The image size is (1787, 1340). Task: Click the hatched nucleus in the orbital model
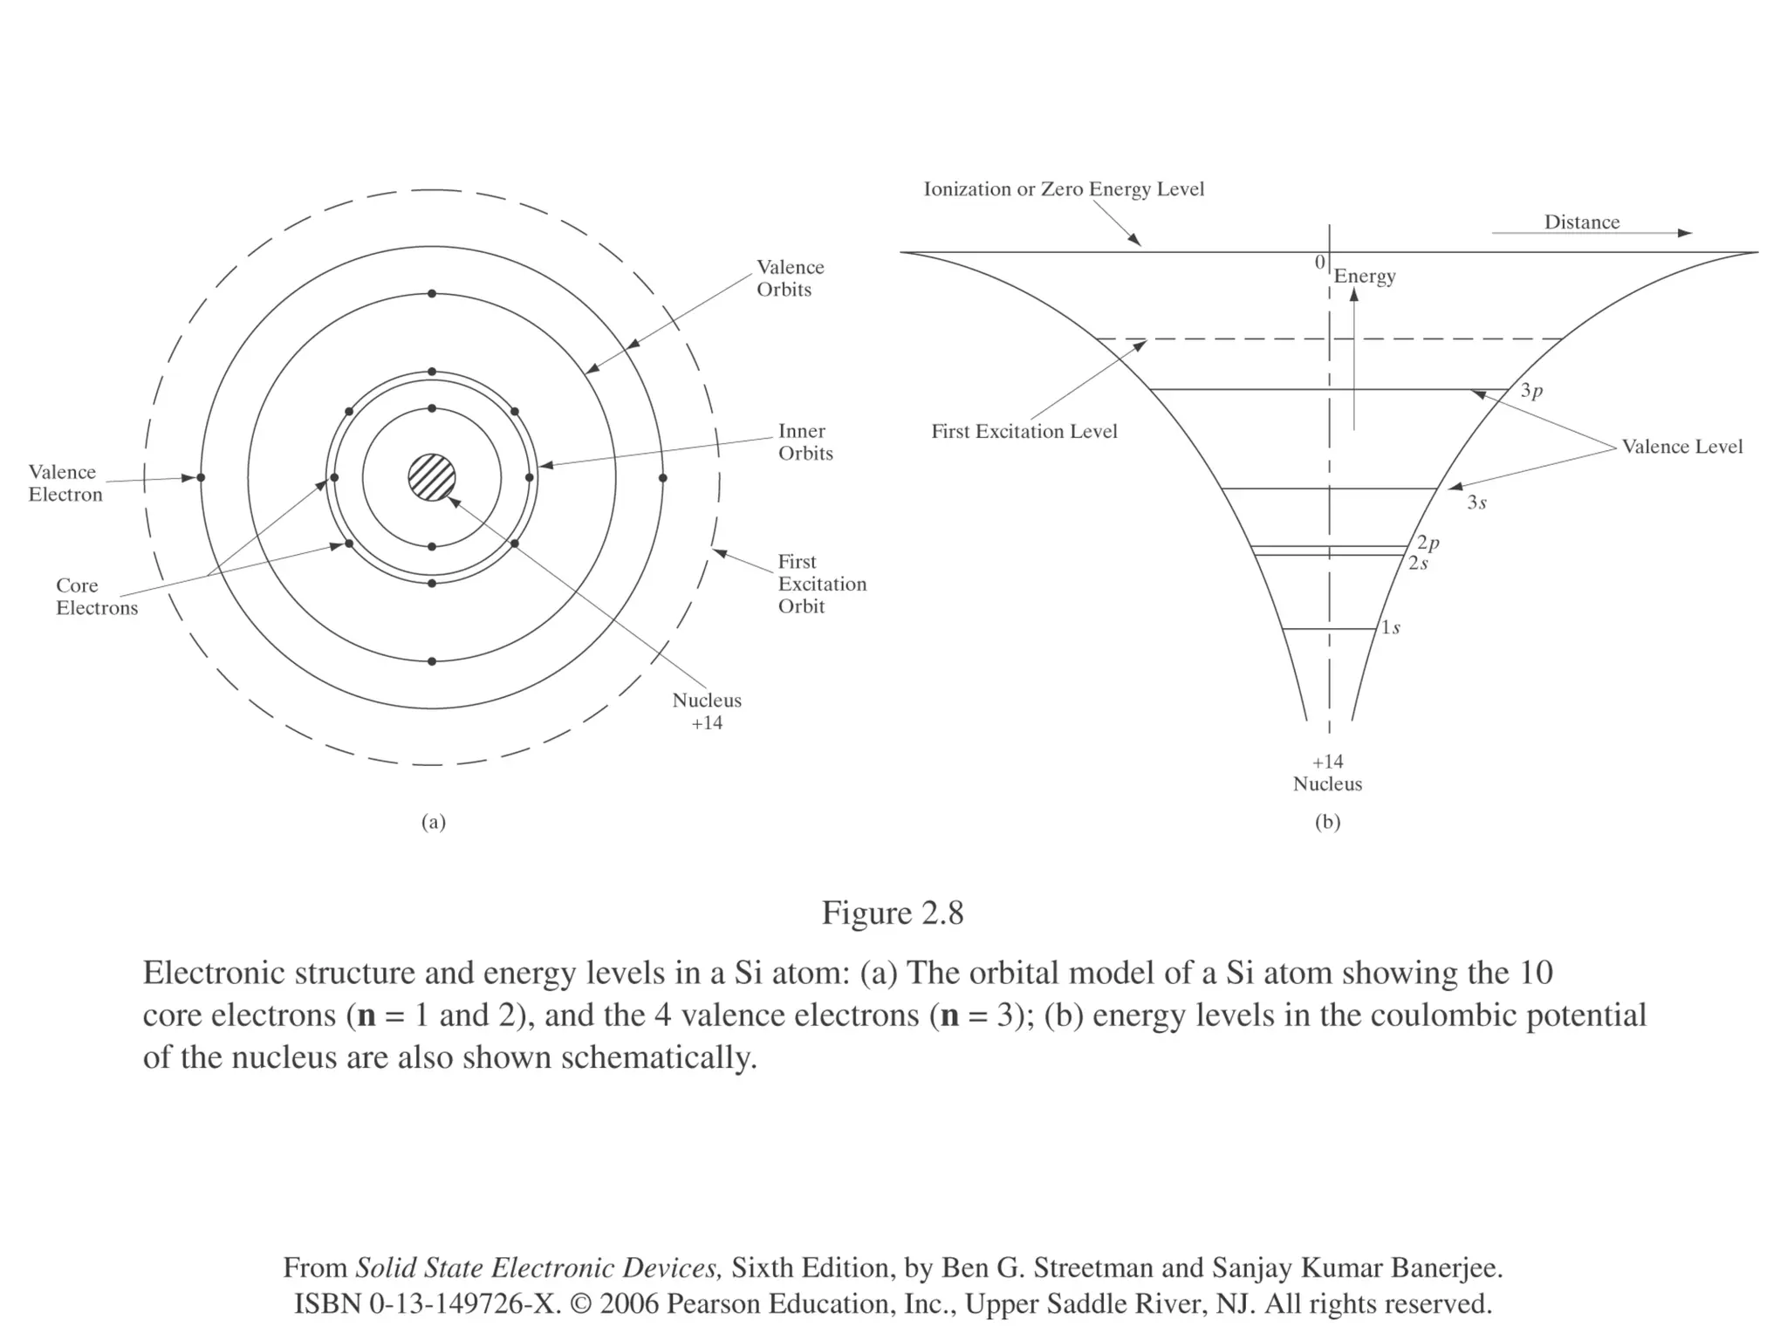pos(432,477)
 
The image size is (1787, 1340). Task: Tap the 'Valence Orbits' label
pos(790,278)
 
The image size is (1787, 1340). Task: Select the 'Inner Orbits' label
pos(805,442)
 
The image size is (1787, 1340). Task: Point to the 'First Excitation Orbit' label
pos(822,584)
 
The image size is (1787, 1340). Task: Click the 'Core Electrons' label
pos(97,597)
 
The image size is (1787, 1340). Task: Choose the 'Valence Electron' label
pos(65,483)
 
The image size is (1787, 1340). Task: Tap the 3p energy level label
pos(1531,391)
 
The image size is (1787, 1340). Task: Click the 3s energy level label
pos(1476,502)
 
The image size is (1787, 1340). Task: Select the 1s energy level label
pos(1391,628)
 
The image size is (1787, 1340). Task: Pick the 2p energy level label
pos(1428,544)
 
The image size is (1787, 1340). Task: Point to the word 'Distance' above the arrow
pos(1581,222)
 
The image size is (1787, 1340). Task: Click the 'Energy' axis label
pos(1365,277)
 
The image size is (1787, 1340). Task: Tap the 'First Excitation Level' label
pos(1024,432)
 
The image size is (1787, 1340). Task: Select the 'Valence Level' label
pos(1681,447)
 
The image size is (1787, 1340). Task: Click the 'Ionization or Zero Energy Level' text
pos(1064,189)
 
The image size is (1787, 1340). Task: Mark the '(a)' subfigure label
pos(434,822)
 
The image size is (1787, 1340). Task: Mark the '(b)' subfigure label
pos(1327,822)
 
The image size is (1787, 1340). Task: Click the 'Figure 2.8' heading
pos(893,913)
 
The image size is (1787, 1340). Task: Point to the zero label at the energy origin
pos(1319,263)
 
